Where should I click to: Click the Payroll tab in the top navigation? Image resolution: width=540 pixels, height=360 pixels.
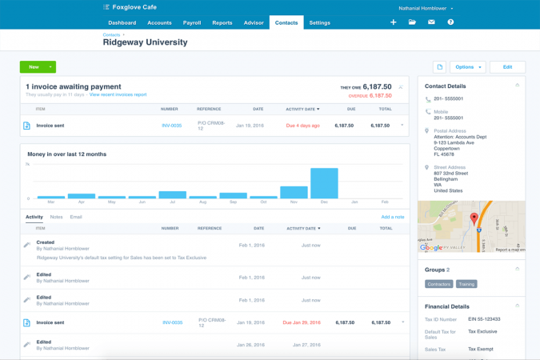click(x=192, y=23)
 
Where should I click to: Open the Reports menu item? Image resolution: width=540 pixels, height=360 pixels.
click(x=222, y=23)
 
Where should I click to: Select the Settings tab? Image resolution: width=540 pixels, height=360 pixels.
click(x=319, y=23)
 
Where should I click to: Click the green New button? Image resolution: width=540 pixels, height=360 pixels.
click(x=34, y=67)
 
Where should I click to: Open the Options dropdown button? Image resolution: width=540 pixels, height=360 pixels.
click(x=467, y=67)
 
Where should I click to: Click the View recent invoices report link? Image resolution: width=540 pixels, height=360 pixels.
click(x=118, y=94)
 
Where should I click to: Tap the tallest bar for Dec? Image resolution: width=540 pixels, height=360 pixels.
click(x=324, y=183)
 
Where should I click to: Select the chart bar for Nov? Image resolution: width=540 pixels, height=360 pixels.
click(x=294, y=192)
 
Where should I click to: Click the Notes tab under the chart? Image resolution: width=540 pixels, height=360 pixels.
click(x=56, y=217)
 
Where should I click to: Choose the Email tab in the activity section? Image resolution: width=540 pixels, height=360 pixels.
click(x=76, y=217)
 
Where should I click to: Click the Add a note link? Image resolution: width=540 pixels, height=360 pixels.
click(x=392, y=217)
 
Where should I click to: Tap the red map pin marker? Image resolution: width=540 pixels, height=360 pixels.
click(x=474, y=218)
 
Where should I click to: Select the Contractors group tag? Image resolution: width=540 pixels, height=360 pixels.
click(x=438, y=284)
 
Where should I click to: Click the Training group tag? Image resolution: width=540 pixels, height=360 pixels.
click(x=466, y=284)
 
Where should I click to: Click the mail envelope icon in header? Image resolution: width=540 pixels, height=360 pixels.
click(x=431, y=22)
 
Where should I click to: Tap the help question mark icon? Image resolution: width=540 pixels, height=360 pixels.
click(x=450, y=22)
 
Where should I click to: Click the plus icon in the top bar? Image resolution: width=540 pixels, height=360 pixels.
click(x=393, y=22)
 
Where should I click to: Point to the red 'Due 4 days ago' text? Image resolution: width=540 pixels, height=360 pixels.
click(x=302, y=126)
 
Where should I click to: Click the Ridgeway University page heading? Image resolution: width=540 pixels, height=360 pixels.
click(x=145, y=43)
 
